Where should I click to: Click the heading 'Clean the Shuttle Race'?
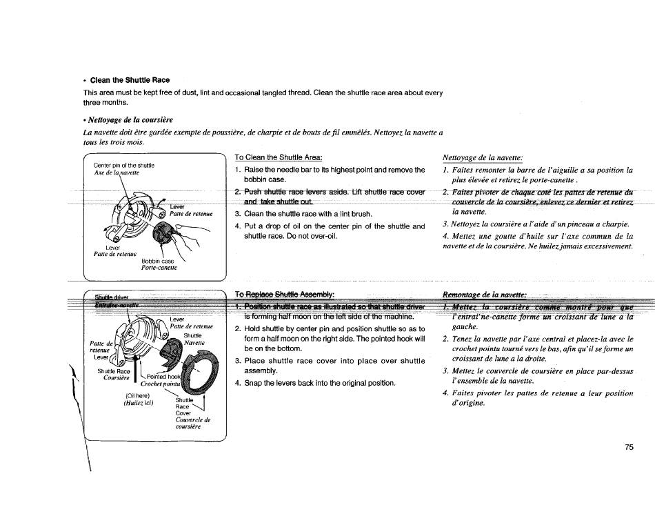(x=130, y=80)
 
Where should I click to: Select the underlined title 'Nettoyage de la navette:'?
(x=483, y=157)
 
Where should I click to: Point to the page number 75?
(x=629, y=447)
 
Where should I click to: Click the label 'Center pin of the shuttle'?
(x=124, y=166)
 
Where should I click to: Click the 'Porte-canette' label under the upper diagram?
(x=159, y=268)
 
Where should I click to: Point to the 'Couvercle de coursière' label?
(x=192, y=423)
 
